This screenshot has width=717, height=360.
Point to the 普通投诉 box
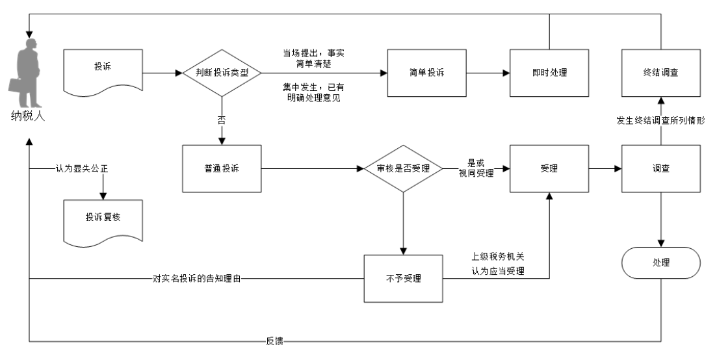(x=222, y=168)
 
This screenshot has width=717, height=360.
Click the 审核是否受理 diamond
(x=403, y=168)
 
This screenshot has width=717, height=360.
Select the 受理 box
(x=549, y=168)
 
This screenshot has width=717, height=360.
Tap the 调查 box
(x=661, y=168)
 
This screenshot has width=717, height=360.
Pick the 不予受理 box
(x=403, y=279)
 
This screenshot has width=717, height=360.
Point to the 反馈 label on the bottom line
(x=273, y=340)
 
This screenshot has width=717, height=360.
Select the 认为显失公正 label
(x=81, y=168)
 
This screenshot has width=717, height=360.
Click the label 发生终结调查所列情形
(x=661, y=121)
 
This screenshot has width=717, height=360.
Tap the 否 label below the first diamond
(x=222, y=120)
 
